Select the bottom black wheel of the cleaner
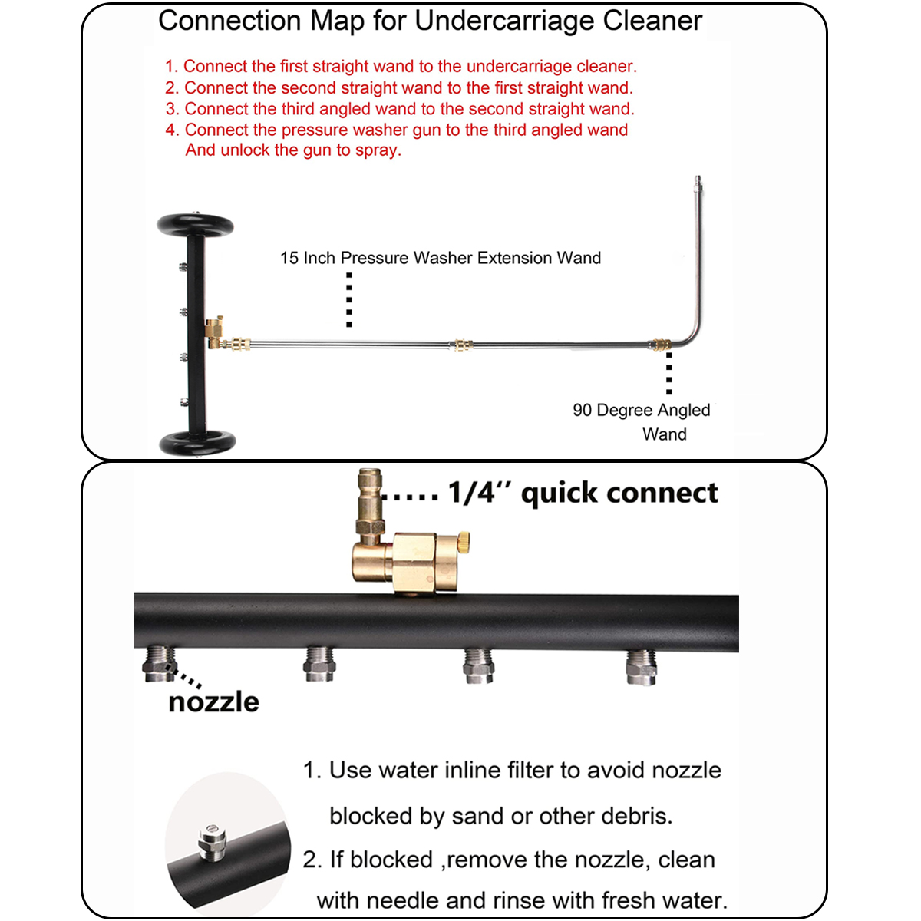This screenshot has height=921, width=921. pyautogui.click(x=197, y=441)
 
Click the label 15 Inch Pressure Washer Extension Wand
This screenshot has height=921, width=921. pyautogui.click(x=440, y=258)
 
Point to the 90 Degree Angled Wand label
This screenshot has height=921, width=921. pyautogui.click(x=642, y=421)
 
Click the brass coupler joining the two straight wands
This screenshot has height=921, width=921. pyautogui.click(x=460, y=345)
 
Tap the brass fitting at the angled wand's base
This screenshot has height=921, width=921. pyautogui.click(x=659, y=344)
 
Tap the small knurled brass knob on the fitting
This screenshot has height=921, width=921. pyautogui.click(x=464, y=541)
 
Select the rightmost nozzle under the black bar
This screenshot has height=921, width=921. pyautogui.click(x=642, y=665)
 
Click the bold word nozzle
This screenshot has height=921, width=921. pyautogui.click(x=213, y=701)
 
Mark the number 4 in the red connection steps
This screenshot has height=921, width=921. pyautogui.click(x=171, y=130)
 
